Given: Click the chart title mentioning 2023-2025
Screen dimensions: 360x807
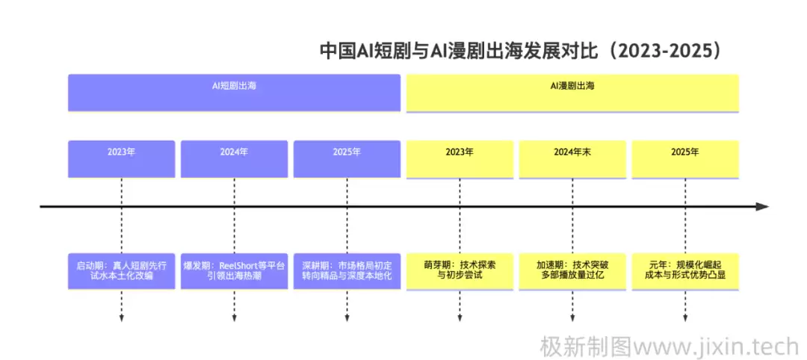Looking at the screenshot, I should [x=521, y=51].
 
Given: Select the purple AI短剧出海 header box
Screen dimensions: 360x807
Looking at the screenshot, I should [x=235, y=93].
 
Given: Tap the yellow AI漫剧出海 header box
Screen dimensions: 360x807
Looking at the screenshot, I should [x=572, y=93].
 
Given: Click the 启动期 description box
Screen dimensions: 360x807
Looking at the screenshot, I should [x=121, y=270].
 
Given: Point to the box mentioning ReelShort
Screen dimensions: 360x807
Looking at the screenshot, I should [x=234, y=270].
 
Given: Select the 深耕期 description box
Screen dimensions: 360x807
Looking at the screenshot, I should [x=347, y=270].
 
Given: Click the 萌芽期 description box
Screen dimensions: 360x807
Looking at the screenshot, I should [x=460, y=270].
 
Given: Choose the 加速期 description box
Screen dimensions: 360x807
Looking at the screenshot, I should [x=572, y=270].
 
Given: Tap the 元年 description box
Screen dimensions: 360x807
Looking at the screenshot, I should [x=685, y=270].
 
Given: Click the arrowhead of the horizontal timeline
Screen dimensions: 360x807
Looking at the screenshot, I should [x=761, y=206].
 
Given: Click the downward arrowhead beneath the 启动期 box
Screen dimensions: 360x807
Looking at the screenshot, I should [x=121, y=319].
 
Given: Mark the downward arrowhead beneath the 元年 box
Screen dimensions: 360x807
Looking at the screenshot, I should [x=685, y=319].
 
